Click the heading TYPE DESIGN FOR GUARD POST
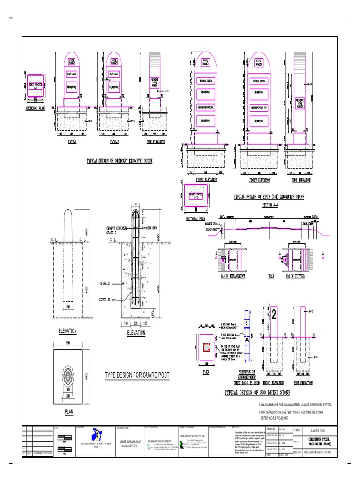click(x=137, y=375)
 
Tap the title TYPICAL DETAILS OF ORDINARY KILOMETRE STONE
click(x=120, y=161)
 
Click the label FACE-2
click(x=115, y=141)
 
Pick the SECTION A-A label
click(x=271, y=205)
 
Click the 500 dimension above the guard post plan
click(x=68, y=343)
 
